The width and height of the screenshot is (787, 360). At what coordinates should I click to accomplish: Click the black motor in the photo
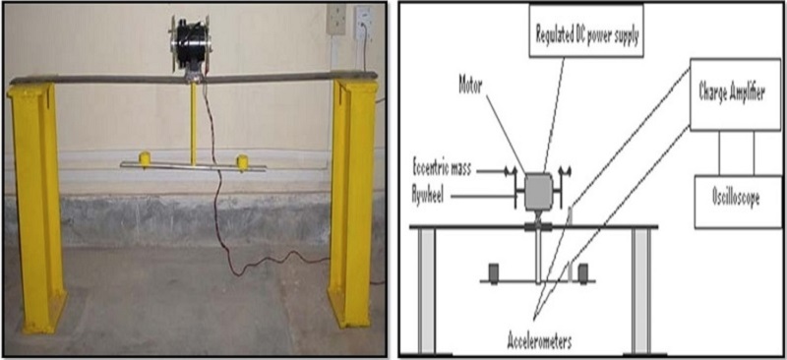[x=189, y=43]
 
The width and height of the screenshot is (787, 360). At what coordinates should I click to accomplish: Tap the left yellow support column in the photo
[x=36, y=205]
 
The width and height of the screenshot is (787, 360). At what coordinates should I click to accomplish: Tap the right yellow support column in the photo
[x=352, y=204]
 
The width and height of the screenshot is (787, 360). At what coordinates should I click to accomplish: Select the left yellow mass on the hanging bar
[x=145, y=159]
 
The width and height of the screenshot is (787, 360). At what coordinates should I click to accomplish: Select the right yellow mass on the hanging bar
[x=242, y=162]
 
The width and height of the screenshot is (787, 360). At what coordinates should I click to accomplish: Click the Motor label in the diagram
[x=471, y=86]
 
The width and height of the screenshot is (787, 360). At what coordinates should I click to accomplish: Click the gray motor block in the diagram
[x=538, y=191]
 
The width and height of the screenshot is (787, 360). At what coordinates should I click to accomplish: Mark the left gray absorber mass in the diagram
[x=494, y=272]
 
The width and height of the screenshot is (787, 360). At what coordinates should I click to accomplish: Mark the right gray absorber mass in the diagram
[x=582, y=272]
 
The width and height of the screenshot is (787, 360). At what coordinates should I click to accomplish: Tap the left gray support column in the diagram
[x=426, y=291]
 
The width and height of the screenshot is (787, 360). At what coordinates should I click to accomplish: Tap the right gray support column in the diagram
[x=641, y=291]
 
